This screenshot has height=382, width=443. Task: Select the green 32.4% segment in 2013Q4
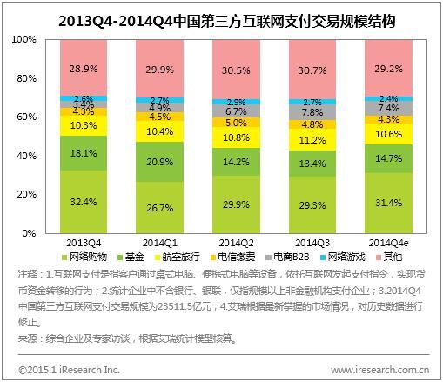tap(84, 201)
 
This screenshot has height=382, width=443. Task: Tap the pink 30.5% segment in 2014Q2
tap(235, 69)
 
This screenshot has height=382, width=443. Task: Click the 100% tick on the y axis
tap(23, 40)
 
